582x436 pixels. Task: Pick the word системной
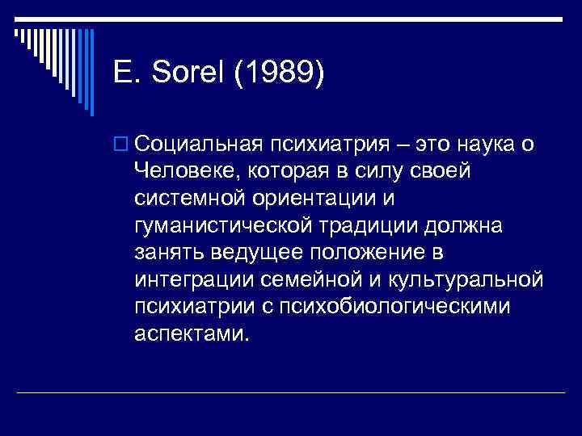(x=188, y=198)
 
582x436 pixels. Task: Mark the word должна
(x=470, y=225)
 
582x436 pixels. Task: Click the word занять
(x=171, y=253)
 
